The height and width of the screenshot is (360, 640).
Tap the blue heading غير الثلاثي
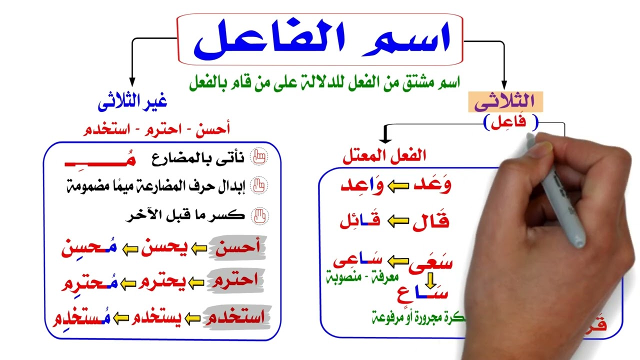click(x=132, y=102)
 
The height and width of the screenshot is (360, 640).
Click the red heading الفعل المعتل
click(x=384, y=156)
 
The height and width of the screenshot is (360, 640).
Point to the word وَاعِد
click(x=363, y=185)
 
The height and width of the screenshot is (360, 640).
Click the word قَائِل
click(x=360, y=221)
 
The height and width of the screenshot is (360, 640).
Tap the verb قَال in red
click(x=430, y=221)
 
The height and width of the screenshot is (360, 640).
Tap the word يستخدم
click(x=155, y=317)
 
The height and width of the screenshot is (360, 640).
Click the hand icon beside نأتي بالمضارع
click(x=259, y=158)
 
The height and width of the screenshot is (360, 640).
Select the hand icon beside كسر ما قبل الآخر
click(x=259, y=216)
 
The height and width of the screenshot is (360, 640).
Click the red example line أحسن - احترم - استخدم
click(x=156, y=129)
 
